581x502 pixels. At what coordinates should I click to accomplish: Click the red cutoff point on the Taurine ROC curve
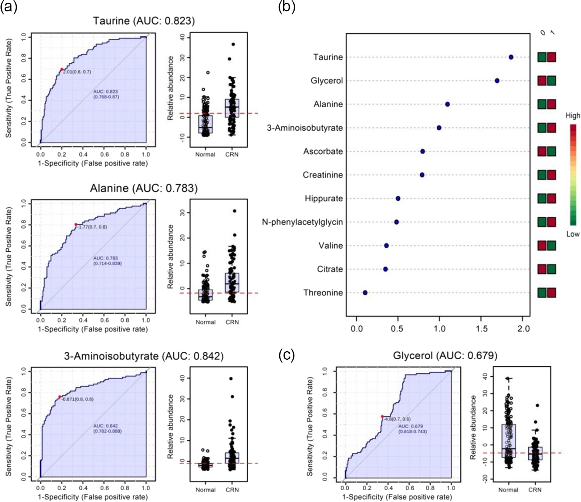pyautogui.click(x=62, y=69)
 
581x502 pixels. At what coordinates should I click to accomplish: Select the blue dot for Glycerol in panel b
pyautogui.click(x=497, y=81)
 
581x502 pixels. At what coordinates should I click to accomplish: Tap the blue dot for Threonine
pyautogui.click(x=365, y=293)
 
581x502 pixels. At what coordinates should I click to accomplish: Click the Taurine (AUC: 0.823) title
pyautogui.click(x=144, y=21)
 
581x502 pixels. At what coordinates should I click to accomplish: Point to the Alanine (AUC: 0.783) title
pyautogui.click(x=144, y=188)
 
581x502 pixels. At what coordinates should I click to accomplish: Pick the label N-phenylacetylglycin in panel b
pyautogui.click(x=302, y=222)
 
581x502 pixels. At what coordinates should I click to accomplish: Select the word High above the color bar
pyautogui.click(x=573, y=115)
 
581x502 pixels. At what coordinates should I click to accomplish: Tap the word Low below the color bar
pyautogui.click(x=573, y=234)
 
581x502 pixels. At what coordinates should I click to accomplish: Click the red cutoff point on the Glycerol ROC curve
pyautogui.click(x=382, y=416)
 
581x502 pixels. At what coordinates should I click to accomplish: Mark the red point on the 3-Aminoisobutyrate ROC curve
pyautogui.click(x=60, y=397)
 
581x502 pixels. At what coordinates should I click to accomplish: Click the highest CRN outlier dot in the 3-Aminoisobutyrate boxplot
pyautogui.click(x=231, y=378)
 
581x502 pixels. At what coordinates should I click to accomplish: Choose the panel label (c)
pyautogui.click(x=287, y=355)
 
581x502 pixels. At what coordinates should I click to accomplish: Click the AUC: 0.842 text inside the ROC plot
pyautogui.click(x=106, y=426)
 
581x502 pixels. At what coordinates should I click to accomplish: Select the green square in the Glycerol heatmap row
pyautogui.click(x=551, y=81)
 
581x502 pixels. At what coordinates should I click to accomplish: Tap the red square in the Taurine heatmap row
pyautogui.click(x=551, y=57)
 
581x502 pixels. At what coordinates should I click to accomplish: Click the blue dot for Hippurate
pyautogui.click(x=398, y=199)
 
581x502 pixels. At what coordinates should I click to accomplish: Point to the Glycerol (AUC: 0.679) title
pyautogui.click(x=445, y=355)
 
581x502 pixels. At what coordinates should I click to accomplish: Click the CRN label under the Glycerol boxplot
pyautogui.click(x=535, y=490)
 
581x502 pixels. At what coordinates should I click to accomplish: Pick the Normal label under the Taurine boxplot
pyautogui.click(x=205, y=154)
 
